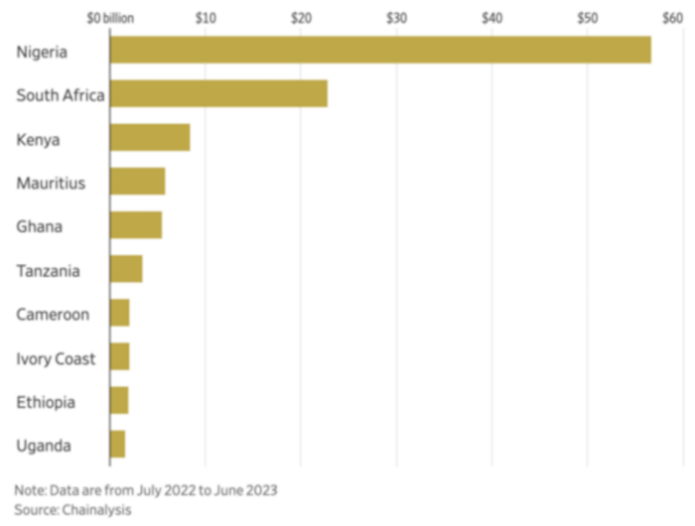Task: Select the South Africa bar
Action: pos(218,94)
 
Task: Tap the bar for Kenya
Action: pos(150,138)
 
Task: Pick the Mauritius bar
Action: pos(137,182)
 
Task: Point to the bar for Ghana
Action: pos(136,225)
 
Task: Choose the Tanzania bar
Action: pos(126,269)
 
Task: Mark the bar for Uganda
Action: pos(117,445)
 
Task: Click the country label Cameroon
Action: pos(53,315)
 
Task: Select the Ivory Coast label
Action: pos(56,358)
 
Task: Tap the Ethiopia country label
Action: pos(45,402)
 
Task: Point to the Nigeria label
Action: pos(42,52)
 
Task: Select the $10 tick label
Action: pos(206,17)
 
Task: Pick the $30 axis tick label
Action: pos(396,17)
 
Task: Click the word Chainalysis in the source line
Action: pos(96,509)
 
